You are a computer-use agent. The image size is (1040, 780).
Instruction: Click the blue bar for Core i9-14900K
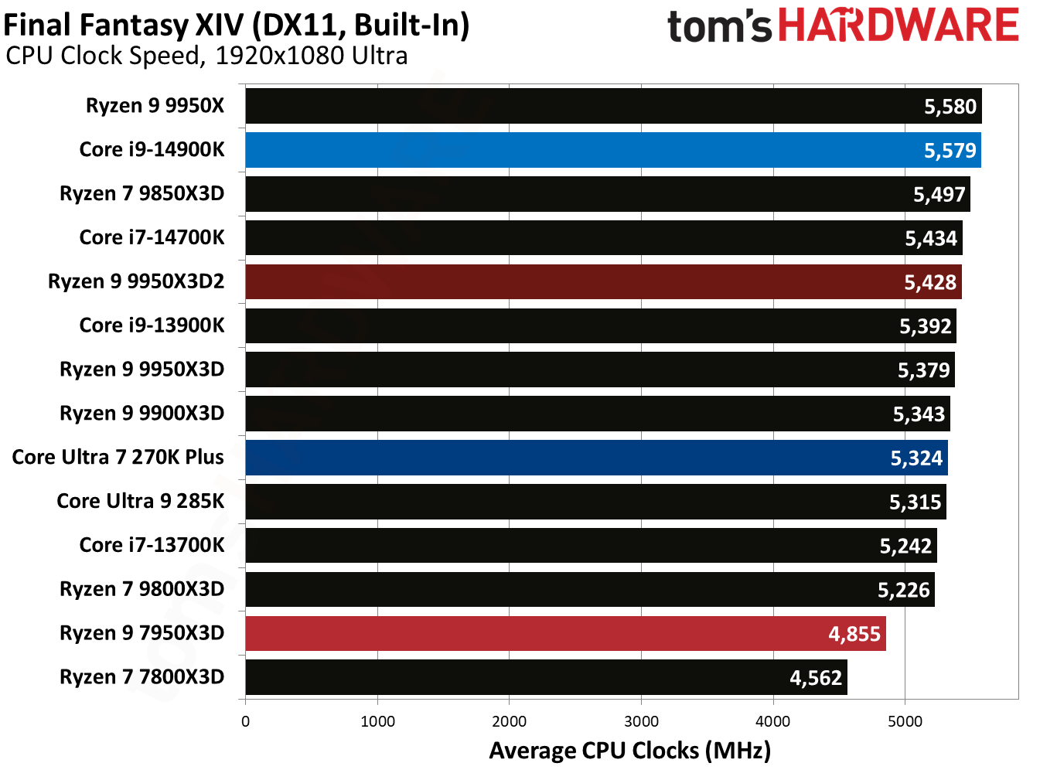click(x=580, y=150)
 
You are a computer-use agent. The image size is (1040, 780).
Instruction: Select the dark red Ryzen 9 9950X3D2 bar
click(x=580, y=282)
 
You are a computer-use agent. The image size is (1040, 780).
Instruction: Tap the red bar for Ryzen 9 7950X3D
click(x=541, y=634)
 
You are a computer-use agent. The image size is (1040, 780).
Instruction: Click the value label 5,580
click(x=950, y=107)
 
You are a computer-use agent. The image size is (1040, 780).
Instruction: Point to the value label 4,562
click(x=815, y=678)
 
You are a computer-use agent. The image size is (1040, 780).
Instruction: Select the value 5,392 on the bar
click(x=925, y=326)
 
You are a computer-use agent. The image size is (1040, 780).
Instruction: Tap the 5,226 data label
click(x=903, y=591)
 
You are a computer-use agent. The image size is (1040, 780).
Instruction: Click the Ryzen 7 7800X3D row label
click(x=142, y=677)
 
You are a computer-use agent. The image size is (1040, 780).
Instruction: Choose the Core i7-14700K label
click(x=152, y=237)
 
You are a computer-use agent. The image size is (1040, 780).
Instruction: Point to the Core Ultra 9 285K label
click(x=140, y=501)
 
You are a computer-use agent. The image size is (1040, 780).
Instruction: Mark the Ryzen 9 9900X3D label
click(x=142, y=413)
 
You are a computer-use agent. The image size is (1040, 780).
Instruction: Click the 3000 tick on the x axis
click(x=641, y=721)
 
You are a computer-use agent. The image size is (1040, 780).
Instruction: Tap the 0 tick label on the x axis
click(x=245, y=721)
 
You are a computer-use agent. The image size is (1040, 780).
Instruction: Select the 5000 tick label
click(x=905, y=721)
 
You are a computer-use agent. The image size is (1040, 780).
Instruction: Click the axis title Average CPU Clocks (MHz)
click(x=629, y=751)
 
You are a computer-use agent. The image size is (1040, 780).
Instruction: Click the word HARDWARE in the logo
click(x=898, y=26)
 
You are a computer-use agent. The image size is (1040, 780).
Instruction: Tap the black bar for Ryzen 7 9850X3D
click(x=580, y=194)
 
